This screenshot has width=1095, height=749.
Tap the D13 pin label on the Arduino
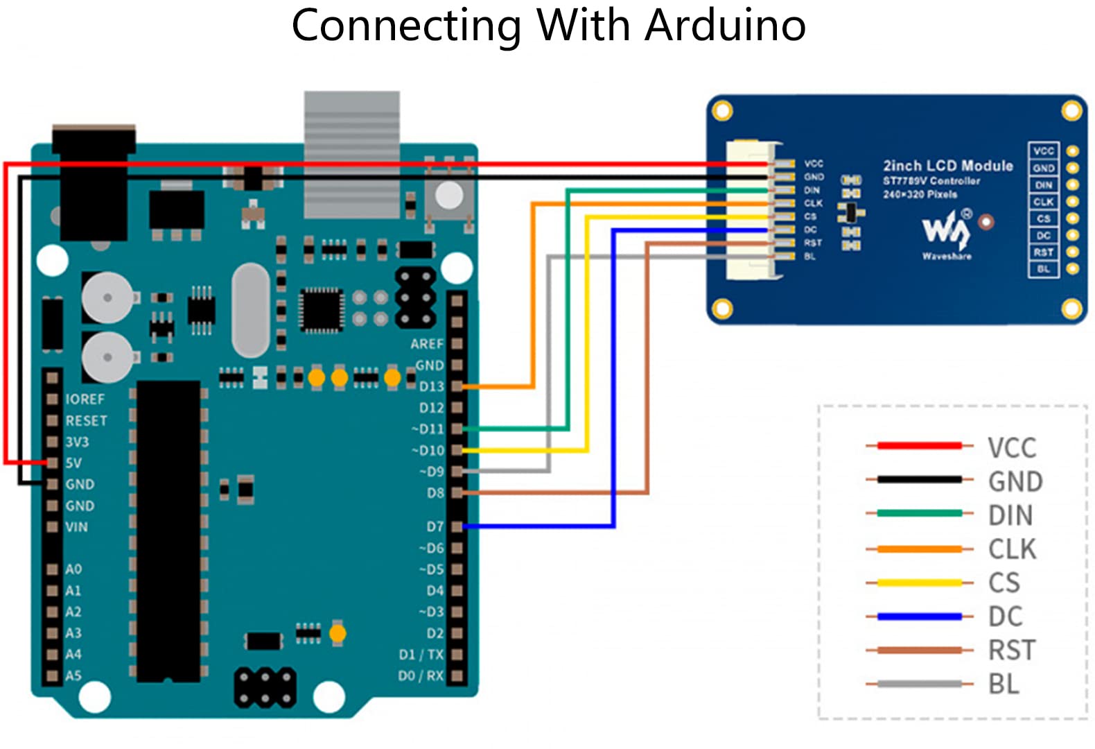tap(431, 386)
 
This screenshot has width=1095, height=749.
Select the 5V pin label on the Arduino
tap(73, 463)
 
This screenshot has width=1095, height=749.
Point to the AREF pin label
tap(426, 344)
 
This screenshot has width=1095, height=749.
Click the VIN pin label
tap(76, 527)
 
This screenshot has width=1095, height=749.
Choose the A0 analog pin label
tap(73, 569)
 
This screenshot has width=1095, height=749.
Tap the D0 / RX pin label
tap(421, 675)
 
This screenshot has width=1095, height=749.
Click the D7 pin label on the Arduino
tap(435, 527)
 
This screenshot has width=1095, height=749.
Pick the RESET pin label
tap(86, 421)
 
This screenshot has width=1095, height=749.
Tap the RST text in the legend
tap(1012, 651)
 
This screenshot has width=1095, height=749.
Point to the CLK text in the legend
tap(1012, 549)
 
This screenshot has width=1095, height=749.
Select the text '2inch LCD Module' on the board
tap(947, 166)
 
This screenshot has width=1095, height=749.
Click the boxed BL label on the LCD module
tap(1043, 269)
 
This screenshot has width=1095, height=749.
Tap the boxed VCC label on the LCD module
tap(1043, 150)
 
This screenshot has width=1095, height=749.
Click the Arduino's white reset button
tap(449, 196)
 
